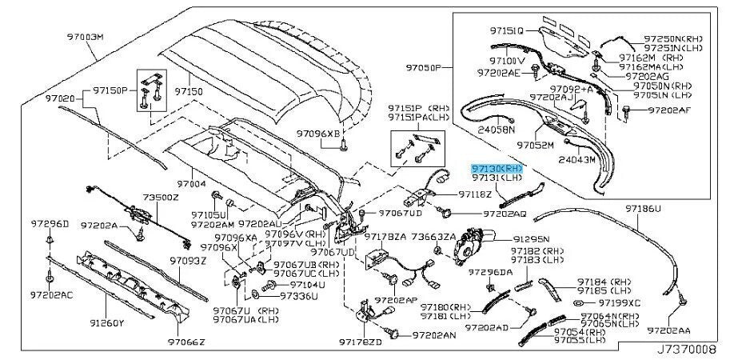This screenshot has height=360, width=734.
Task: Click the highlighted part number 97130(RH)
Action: [497, 169]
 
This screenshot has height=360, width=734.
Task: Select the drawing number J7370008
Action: [690, 349]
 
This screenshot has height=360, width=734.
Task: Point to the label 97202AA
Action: [669, 330]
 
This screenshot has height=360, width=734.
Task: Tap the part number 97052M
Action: [535, 146]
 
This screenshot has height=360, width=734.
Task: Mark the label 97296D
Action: [50, 223]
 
